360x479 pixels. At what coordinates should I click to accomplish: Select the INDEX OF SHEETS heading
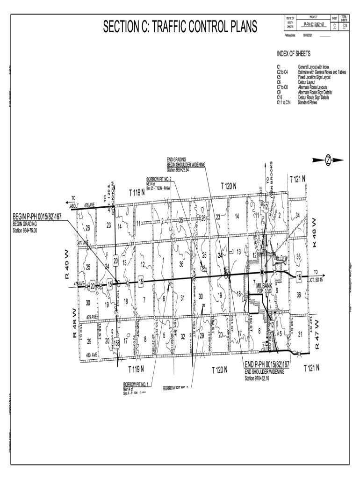[294, 54]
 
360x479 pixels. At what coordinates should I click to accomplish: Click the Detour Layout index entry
[309, 82]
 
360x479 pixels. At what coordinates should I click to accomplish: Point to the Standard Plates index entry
[307, 102]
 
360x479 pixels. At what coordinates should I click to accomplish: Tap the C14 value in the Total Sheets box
[345, 26]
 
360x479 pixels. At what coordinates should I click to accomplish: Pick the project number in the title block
[314, 24]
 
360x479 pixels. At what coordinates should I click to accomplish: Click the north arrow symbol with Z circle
[329, 160]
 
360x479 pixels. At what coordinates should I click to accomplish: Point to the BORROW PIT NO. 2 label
[159, 179]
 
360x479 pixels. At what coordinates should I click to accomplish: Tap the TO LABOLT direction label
[74, 202]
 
